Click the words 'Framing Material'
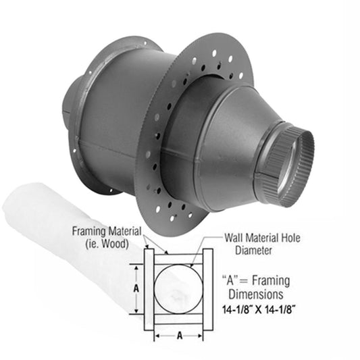click(x=107, y=231)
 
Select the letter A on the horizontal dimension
click(x=179, y=334)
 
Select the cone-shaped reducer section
click(x=230, y=142)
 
